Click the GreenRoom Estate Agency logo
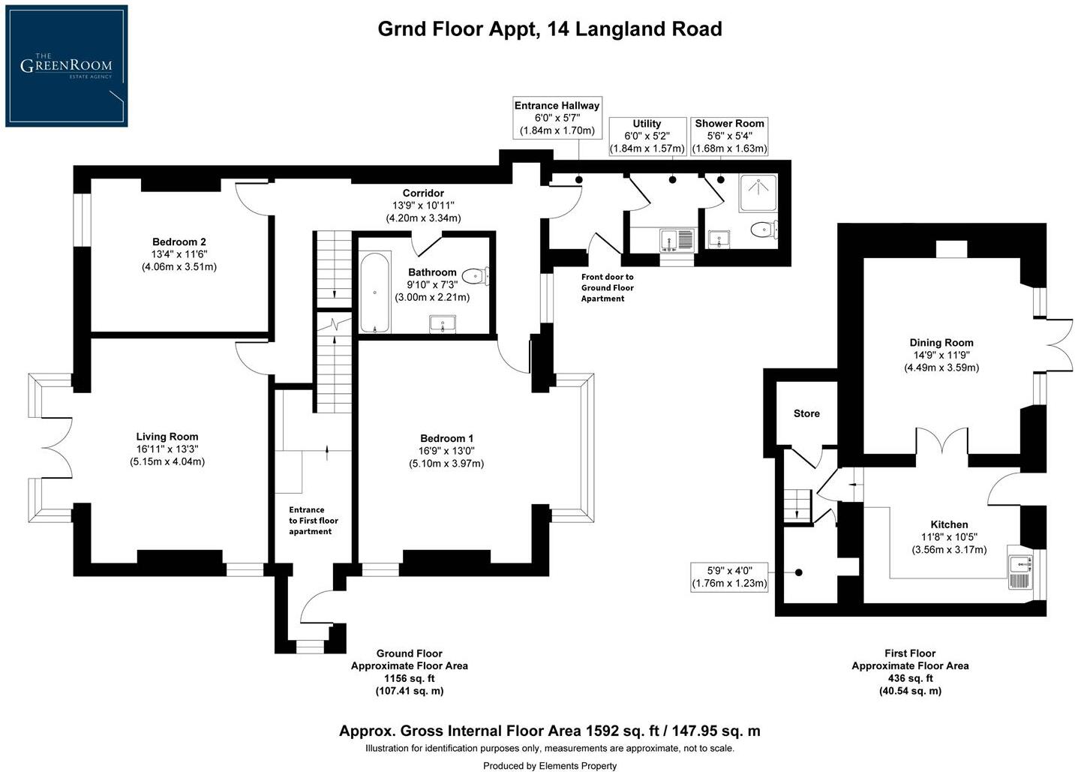66,66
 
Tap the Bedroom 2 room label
179,242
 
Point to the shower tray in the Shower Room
757,192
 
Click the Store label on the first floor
806,413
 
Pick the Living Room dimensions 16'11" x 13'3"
167,449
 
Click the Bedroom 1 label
446,438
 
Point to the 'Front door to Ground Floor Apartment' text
607,287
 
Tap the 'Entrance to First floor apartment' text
314,521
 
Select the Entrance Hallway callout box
557,119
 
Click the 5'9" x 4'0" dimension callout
729,577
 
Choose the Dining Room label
941,342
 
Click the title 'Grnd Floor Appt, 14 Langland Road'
549,29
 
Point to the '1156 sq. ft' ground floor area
409,678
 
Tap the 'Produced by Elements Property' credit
549,765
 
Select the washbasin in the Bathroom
443,324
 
